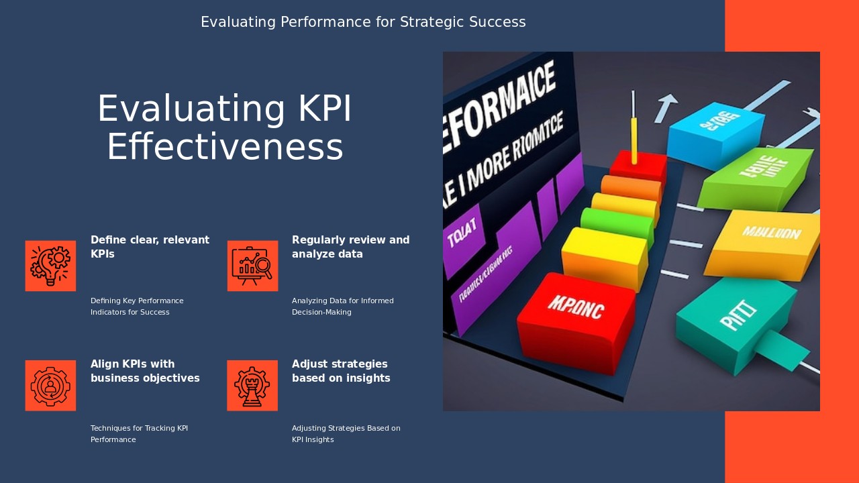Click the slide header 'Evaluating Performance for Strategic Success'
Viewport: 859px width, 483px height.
(363, 22)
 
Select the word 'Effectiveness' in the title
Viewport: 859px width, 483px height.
(225, 148)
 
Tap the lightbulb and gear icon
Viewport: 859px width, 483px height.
(50, 266)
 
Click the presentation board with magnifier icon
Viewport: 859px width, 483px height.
(252, 266)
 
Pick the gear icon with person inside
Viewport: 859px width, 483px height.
(50, 386)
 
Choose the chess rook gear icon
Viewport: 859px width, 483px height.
(252, 386)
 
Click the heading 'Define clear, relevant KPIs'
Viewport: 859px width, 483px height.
(150, 247)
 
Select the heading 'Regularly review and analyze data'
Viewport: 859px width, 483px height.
(350, 247)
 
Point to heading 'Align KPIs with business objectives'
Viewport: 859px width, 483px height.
(145, 371)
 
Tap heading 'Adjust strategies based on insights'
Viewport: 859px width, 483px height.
(341, 371)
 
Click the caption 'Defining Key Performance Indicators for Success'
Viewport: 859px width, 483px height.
(137, 307)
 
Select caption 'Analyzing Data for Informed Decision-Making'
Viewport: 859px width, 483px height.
(342, 307)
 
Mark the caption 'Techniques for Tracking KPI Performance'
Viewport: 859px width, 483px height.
(139, 434)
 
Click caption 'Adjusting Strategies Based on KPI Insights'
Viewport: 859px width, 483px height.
(346, 434)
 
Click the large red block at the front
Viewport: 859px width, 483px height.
(576, 322)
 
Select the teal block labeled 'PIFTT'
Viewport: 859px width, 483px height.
(735, 322)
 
